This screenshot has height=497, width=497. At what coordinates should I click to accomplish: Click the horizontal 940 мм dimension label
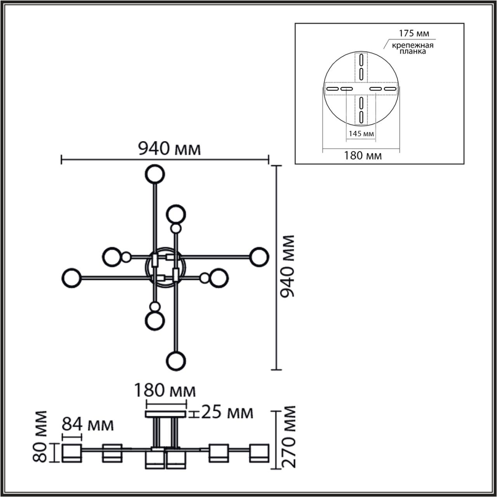pos(170,148)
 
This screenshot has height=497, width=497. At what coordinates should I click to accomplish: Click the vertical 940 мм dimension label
pos(288,266)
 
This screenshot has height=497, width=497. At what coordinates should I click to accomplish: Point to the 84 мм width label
pos(89,425)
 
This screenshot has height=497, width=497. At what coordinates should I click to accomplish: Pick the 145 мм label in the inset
pos(361,134)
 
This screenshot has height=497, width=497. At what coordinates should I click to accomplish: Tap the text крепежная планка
pos(412,48)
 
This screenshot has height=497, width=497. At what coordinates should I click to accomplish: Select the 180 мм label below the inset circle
pos(363,156)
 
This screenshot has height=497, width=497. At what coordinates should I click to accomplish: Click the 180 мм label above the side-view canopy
pos(165,390)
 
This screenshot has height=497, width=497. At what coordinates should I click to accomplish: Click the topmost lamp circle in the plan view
pos(155,174)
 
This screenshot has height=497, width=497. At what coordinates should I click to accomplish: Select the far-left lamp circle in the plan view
pos(71,277)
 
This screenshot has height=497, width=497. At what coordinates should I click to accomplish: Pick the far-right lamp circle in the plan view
pos(259,257)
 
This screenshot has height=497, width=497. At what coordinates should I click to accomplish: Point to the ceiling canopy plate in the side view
pos(166,414)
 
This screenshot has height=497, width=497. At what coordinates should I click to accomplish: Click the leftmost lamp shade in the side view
pos(71,453)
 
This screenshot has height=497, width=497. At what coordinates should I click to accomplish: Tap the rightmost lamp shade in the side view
pos(259,453)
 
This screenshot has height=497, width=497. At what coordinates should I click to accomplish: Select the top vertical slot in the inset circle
pos(361,61)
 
